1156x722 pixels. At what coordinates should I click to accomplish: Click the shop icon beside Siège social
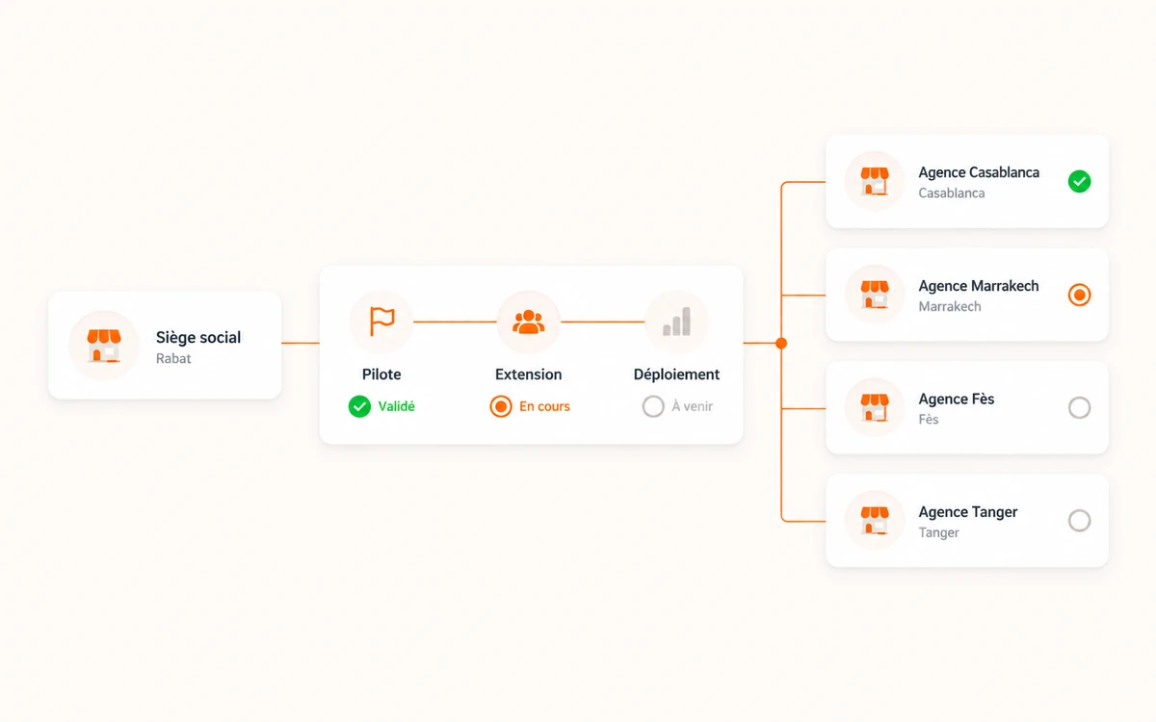tap(104, 346)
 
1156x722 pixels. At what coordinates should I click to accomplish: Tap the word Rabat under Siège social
tap(173, 358)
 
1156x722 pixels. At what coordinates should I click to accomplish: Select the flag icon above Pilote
tap(381, 322)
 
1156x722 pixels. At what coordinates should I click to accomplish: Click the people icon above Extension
tap(529, 322)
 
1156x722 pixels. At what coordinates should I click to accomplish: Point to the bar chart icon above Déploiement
tap(676, 322)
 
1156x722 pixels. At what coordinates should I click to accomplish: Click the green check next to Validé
tap(359, 406)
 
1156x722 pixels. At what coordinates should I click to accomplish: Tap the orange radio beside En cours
tap(501, 406)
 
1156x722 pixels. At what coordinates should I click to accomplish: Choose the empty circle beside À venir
tap(653, 406)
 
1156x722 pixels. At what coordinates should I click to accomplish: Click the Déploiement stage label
tap(676, 374)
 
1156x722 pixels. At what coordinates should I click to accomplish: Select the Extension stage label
tap(529, 374)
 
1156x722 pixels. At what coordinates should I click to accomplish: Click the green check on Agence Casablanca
tap(1079, 182)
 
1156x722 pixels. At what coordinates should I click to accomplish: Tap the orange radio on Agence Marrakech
tap(1079, 295)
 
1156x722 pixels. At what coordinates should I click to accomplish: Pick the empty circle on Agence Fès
tap(1079, 408)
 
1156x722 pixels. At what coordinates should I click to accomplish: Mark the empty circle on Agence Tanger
tap(1079, 521)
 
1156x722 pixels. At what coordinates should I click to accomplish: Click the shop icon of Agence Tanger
tap(875, 520)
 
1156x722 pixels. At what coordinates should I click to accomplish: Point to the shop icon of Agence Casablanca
tap(875, 181)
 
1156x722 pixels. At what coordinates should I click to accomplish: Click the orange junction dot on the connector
tap(781, 343)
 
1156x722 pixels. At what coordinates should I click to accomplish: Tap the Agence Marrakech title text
tap(979, 286)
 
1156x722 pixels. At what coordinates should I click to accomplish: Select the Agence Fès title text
tap(957, 399)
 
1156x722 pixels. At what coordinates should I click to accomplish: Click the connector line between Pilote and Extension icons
tap(455, 322)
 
